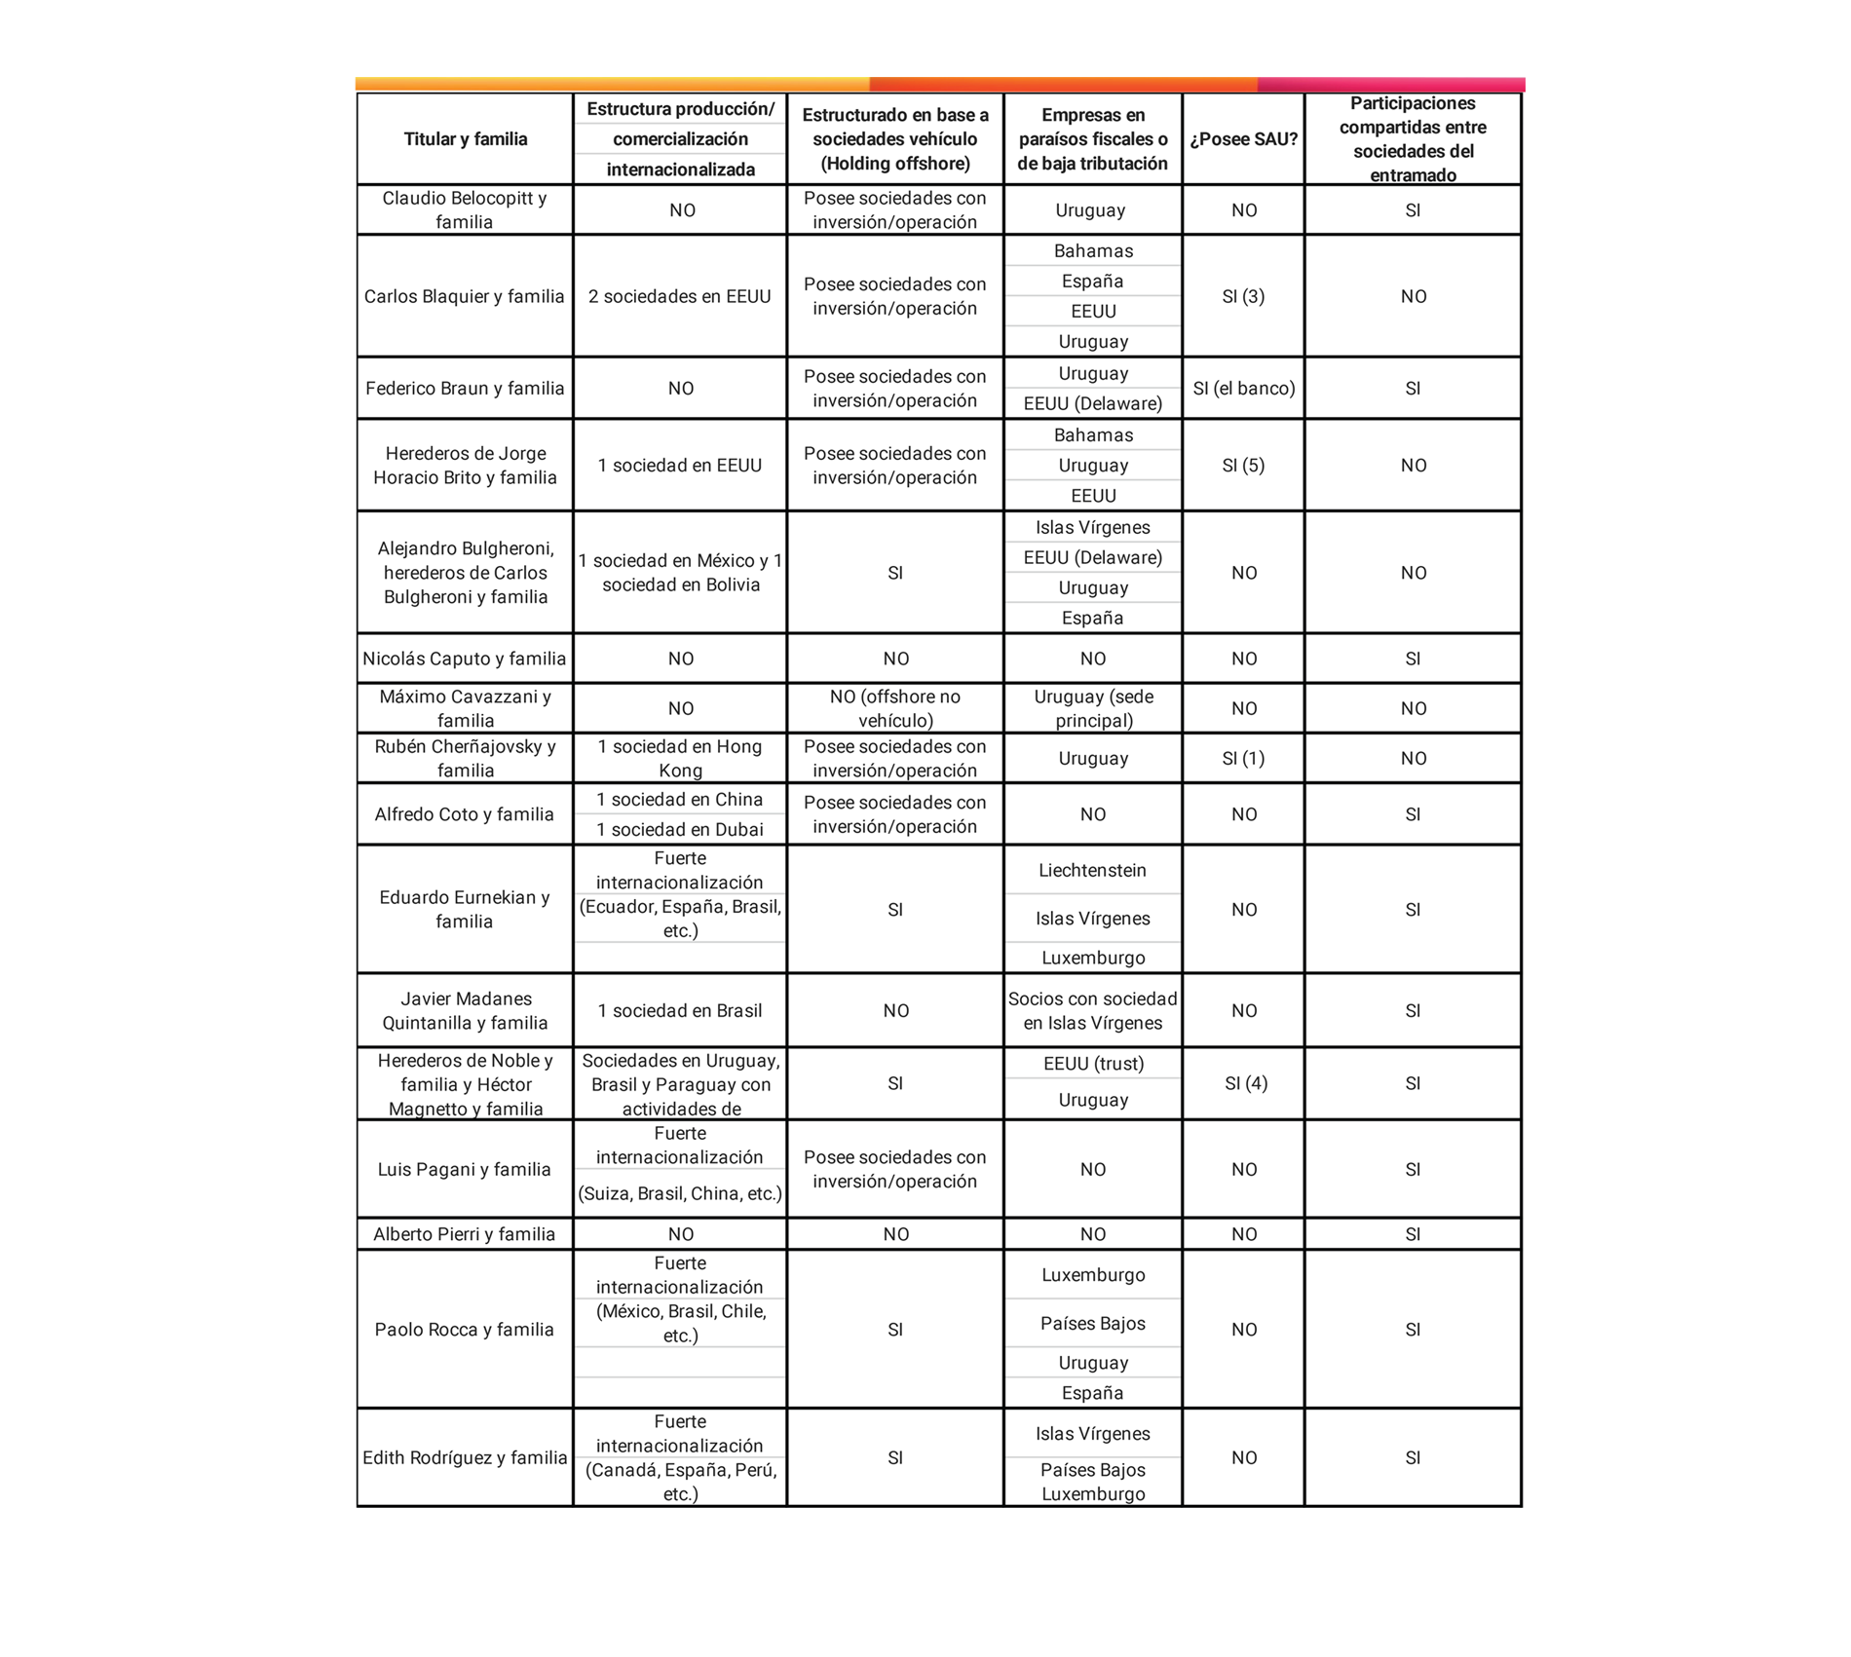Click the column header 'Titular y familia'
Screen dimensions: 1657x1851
pyautogui.click(x=465, y=139)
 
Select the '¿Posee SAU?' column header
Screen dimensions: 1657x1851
pyautogui.click(x=1243, y=139)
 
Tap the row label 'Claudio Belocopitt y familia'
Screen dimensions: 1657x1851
pyautogui.click(x=465, y=210)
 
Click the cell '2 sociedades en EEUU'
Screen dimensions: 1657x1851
pyautogui.click(x=680, y=296)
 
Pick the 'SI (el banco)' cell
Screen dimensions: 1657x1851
pyautogui.click(x=1244, y=389)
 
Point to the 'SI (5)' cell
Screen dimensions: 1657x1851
pyautogui.click(x=1243, y=466)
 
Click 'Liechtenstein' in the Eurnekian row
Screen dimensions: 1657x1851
pyautogui.click(x=1092, y=871)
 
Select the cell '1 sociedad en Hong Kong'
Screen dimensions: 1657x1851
pyautogui.click(x=680, y=758)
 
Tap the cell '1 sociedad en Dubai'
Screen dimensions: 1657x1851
pyautogui.click(x=680, y=830)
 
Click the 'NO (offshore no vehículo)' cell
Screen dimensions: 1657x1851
pyautogui.click(x=895, y=708)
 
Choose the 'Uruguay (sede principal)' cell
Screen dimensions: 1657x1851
pyautogui.click(x=1093, y=708)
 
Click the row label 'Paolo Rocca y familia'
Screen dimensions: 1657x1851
pyautogui.click(x=465, y=1330)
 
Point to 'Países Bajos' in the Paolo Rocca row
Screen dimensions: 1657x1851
pyautogui.click(x=1093, y=1324)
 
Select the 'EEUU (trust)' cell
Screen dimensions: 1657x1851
pyautogui.click(x=1093, y=1064)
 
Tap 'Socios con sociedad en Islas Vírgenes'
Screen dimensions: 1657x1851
pyautogui.click(x=1093, y=1011)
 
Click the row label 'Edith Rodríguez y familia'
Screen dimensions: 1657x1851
pyautogui.click(x=465, y=1458)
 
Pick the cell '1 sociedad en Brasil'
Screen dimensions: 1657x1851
pyautogui.click(x=680, y=1011)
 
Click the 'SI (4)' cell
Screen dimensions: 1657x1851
pyautogui.click(x=1246, y=1083)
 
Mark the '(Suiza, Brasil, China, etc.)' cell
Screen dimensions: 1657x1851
pyautogui.click(x=680, y=1194)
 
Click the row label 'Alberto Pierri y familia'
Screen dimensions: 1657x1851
pyautogui.click(x=465, y=1234)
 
